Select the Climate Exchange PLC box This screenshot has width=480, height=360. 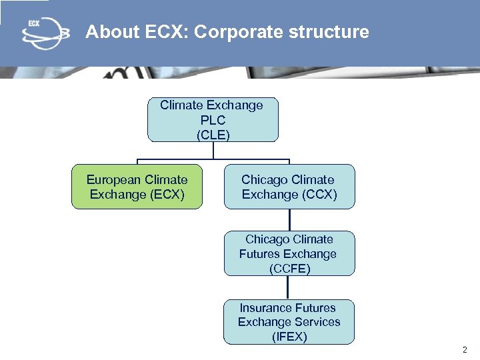[213, 120]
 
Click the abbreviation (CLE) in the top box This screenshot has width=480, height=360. [213, 135]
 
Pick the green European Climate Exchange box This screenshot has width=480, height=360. [137, 187]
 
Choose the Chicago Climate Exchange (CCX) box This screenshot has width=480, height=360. [289, 187]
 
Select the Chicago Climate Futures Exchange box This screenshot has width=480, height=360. [289, 253]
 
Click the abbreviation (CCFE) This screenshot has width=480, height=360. [289, 269]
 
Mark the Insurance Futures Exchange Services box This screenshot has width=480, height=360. [289, 322]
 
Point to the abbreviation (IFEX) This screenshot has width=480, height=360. [289, 337]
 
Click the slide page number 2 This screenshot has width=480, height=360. [465, 350]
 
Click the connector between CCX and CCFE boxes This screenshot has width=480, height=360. [289, 220]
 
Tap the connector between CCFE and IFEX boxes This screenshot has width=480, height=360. [288, 287]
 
